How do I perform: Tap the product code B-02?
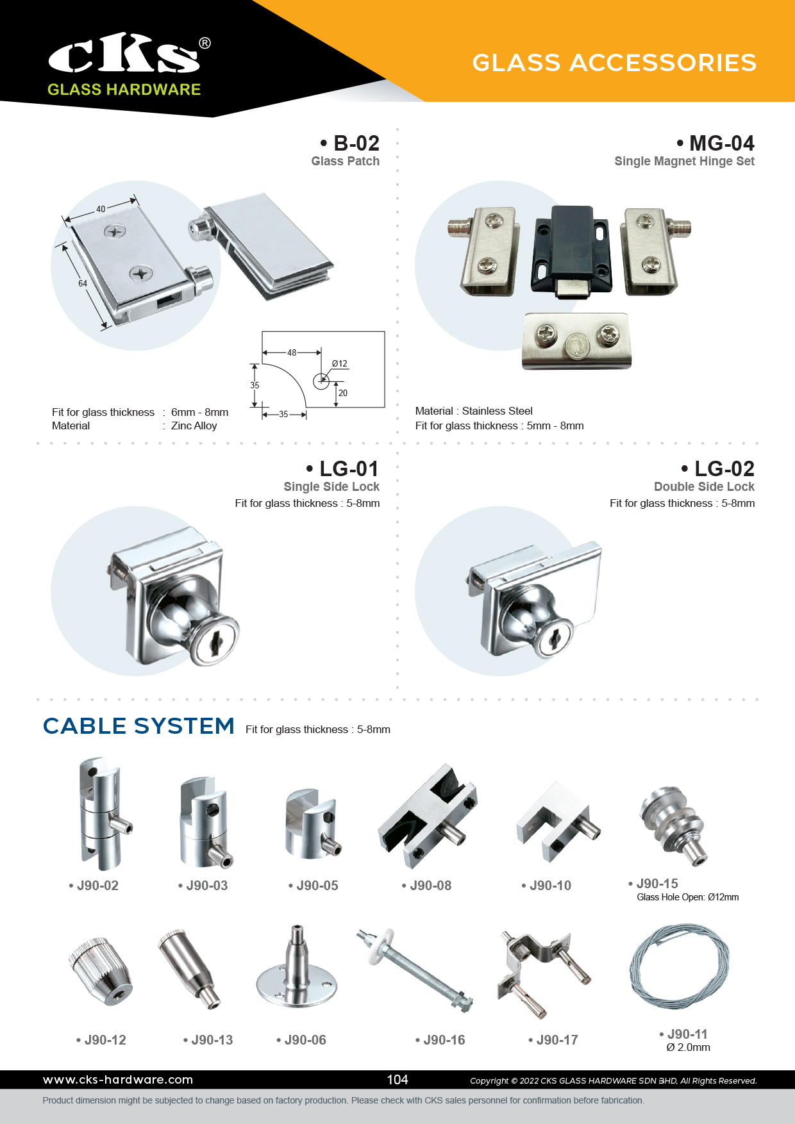[356, 143]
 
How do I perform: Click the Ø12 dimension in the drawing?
[340, 363]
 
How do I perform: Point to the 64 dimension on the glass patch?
[83, 283]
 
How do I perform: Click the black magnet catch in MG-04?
[571, 251]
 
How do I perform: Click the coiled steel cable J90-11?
[680, 965]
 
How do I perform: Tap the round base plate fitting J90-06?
[296, 967]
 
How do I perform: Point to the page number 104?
[397, 1080]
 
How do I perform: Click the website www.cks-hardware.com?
[118, 1080]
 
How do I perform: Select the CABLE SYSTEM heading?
[138, 726]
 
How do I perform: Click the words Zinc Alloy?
[194, 426]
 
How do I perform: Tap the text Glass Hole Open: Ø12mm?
[688, 897]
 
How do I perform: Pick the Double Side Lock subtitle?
[704, 486]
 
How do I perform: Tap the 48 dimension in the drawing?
[292, 352]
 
